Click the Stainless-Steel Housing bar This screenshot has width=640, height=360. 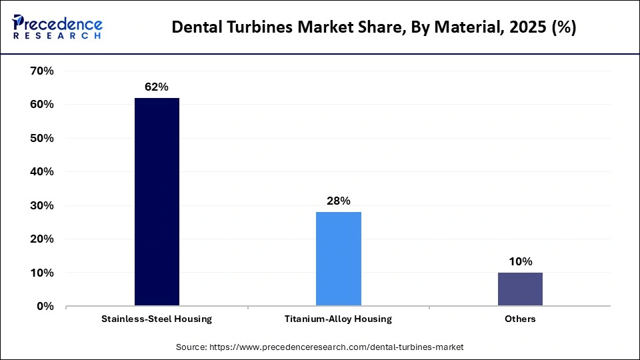click(x=157, y=202)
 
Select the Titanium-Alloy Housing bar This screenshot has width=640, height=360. click(x=338, y=259)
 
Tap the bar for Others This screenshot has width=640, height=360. click(x=519, y=289)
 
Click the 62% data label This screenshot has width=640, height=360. click(x=157, y=87)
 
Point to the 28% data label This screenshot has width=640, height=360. click(x=338, y=201)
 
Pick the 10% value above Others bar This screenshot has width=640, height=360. click(x=519, y=261)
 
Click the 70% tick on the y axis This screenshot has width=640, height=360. click(x=42, y=71)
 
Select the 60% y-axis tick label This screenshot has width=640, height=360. click(x=42, y=105)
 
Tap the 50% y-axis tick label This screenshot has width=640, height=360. click(x=42, y=138)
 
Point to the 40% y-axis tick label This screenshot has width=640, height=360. click(x=42, y=172)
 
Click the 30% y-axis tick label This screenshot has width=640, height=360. click(x=42, y=205)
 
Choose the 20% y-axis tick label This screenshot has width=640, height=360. click(x=42, y=239)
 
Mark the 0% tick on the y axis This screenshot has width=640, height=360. click(x=45, y=307)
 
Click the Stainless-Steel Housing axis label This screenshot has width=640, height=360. click(x=157, y=319)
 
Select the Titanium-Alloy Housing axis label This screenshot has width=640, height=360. click(x=338, y=319)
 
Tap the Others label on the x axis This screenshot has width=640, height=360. click(x=519, y=319)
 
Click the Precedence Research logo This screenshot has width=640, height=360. click(x=57, y=27)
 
